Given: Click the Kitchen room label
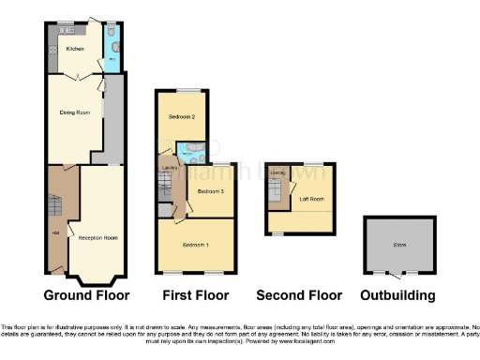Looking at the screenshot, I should (75, 49).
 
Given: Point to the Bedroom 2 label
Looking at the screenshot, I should (182, 117).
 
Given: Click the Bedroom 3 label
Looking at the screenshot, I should (211, 191).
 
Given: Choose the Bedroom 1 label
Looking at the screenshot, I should (195, 245).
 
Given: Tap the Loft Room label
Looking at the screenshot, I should (311, 199).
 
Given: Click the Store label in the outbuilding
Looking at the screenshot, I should (400, 247).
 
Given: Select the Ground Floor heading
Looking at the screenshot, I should (87, 295).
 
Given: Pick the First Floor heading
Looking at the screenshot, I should (195, 295).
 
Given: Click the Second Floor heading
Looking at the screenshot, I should (300, 295).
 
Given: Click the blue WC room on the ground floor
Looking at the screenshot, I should (112, 52).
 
